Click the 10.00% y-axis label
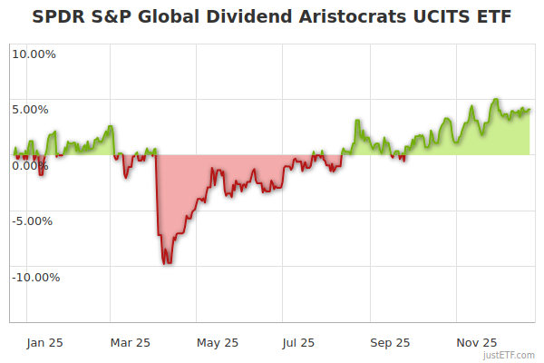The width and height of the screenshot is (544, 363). (34, 54)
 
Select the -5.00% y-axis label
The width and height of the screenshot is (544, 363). (34, 221)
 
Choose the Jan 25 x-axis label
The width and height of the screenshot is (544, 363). (44, 342)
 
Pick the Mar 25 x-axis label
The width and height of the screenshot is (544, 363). (130, 342)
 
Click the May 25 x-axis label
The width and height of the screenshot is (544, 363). (217, 342)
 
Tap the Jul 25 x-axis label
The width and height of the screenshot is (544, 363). (298, 342)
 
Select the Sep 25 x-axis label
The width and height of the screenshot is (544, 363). (390, 342)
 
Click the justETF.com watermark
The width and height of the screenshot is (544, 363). (510, 355)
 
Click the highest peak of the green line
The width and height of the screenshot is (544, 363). (496, 100)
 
